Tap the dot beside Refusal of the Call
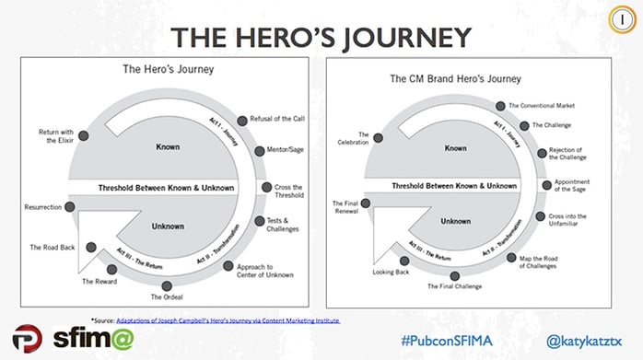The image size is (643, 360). pos(240,120)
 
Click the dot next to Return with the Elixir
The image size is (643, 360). pos(83,134)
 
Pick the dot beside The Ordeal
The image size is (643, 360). pos(166,285)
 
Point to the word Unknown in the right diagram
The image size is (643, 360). pos(455,221)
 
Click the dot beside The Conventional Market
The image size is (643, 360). pos(501,107)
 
